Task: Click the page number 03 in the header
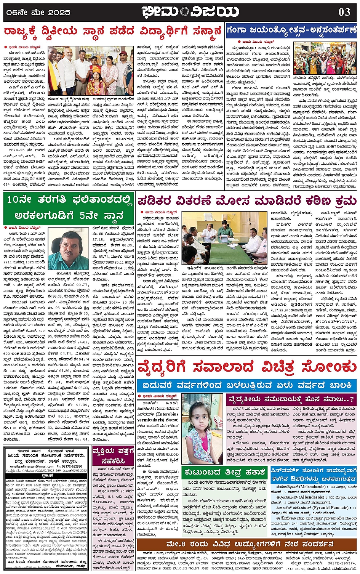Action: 344,12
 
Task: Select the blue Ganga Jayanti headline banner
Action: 291,31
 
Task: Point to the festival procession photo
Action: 325,58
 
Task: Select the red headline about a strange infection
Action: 247,368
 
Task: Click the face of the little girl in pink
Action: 202,416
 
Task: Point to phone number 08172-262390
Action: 69,467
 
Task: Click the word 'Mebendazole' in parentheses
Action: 309,487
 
